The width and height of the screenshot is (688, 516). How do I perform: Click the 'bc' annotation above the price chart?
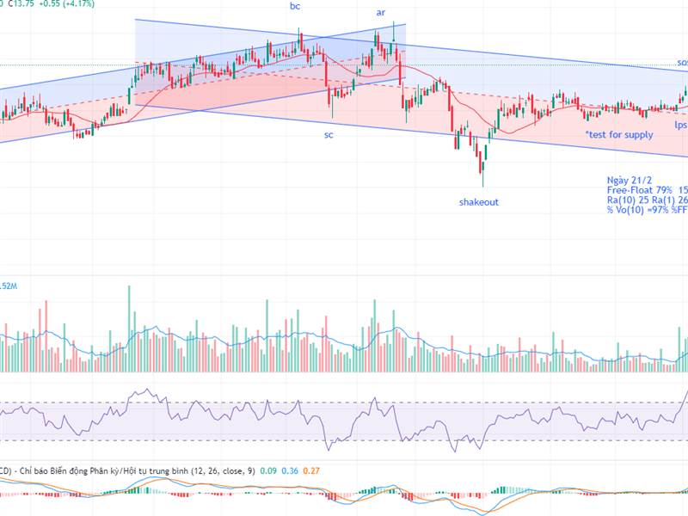[295, 6]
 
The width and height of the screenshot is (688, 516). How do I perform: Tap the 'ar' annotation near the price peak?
[381, 12]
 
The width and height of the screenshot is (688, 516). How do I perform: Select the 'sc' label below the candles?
[329, 135]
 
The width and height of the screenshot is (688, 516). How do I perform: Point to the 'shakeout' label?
[478, 202]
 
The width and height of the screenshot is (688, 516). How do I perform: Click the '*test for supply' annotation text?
[619, 135]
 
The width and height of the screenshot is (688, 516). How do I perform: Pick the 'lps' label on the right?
[680, 125]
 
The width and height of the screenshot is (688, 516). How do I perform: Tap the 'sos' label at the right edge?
[681, 63]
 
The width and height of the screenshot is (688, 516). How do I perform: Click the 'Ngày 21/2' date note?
[630, 181]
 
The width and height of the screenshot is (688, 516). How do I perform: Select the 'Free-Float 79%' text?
[637, 190]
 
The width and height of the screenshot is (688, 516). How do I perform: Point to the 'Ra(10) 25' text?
[628, 200]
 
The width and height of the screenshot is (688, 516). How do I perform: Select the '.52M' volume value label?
[9, 286]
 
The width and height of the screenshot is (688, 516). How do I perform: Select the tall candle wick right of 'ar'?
[394, 31]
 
